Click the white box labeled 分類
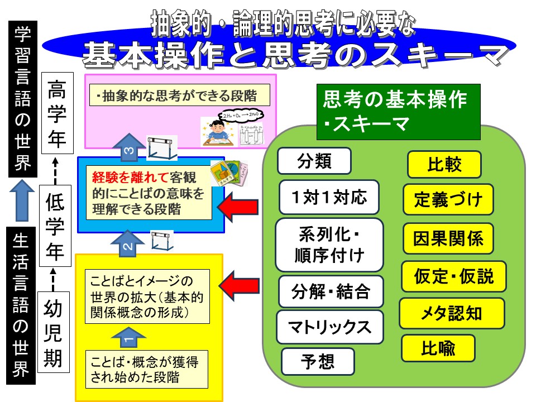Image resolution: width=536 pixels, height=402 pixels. click(x=314, y=161)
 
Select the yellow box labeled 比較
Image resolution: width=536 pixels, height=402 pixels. click(x=444, y=164)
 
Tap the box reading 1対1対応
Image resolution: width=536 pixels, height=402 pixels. click(x=329, y=197)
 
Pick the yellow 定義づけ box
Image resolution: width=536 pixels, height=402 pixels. click(x=448, y=199)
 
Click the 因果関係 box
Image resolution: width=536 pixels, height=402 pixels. click(x=448, y=238)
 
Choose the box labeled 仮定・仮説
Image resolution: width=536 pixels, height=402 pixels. click(x=453, y=276)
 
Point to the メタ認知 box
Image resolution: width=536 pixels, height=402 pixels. click(x=452, y=313)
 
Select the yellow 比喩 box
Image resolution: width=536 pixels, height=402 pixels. click(x=438, y=348)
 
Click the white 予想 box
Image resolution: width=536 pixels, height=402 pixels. click(x=318, y=361)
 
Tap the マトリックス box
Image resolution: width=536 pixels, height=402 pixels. click(x=329, y=327)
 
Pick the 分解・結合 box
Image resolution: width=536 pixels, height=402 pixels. click(x=331, y=291)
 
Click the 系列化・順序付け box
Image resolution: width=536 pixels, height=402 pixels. click(x=329, y=245)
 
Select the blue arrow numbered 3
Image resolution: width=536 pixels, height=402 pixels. click(x=128, y=147)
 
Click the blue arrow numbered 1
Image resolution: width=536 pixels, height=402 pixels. click(x=128, y=337)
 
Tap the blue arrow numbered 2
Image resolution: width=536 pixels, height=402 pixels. click(x=128, y=243)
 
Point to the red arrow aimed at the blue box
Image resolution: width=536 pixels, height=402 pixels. click(x=238, y=207)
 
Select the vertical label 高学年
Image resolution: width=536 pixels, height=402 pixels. click(x=58, y=113)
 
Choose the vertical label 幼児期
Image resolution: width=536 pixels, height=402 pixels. click(x=54, y=332)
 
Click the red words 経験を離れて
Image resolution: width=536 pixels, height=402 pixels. click(x=130, y=177)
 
